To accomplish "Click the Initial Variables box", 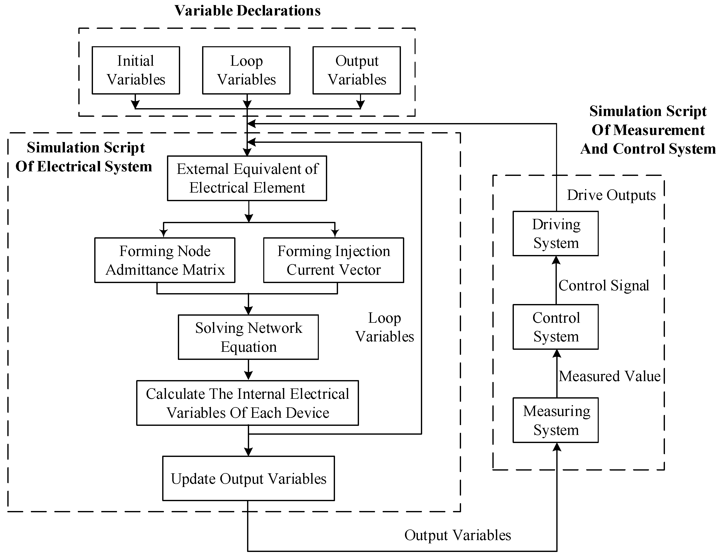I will pyautogui.click(x=136, y=70).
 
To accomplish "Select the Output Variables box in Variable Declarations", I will pyautogui.click(x=357, y=70).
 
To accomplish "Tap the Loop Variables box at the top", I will pyautogui.click(x=246, y=70).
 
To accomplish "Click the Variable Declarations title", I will pyautogui.click(x=247, y=11).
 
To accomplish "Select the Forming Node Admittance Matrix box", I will pyautogui.click(x=165, y=260).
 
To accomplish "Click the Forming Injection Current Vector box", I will pyautogui.click(x=334, y=260).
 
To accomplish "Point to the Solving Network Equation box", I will pyautogui.click(x=248, y=337).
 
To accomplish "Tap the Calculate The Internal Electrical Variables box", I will pyautogui.click(x=248, y=403).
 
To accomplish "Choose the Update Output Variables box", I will pyautogui.click(x=249, y=478).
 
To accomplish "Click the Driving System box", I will pyautogui.click(x=556, y=234).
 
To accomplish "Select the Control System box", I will pyautogui.click(x=556, y=327).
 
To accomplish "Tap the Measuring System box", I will pyautogui.click(x=556, y=420).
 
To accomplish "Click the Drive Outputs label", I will pyautogui.click(x=611, y=195).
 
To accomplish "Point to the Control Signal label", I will pyautogui.click(x=604, y=285).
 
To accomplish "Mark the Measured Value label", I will pyautogui.click(x=610, y=376).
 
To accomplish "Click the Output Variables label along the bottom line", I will pyautogui.click(x=458, y=535).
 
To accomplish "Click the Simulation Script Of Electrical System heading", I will pyautogui.click(x=84, y=157).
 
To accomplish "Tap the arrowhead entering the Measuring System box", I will pyautogui.click(x=557, y=447).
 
